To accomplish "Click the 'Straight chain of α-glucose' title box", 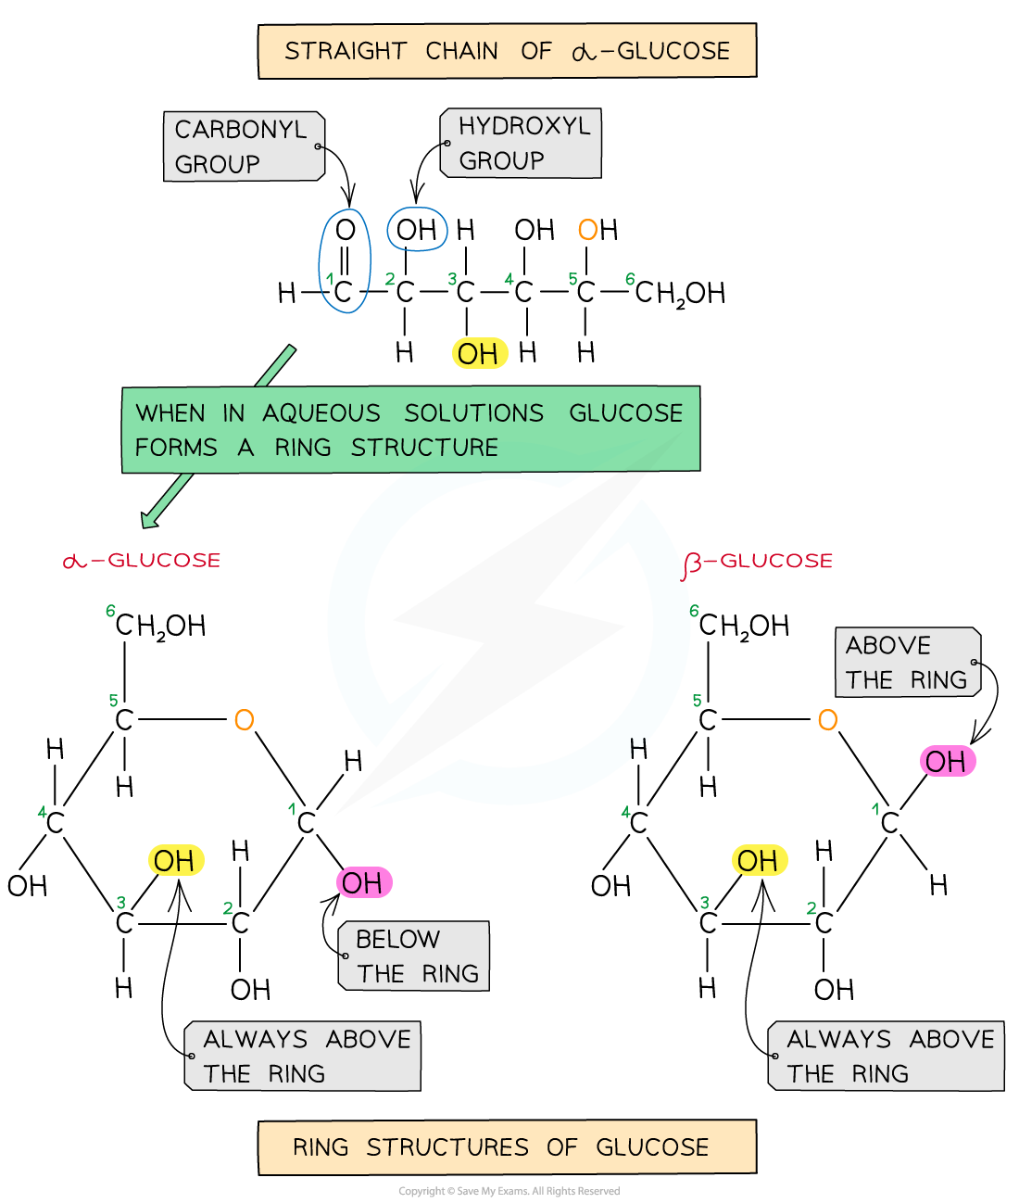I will point(507,51).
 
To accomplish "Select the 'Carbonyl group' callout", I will point(244,146).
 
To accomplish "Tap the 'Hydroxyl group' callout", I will point(521,143).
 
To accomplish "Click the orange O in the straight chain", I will point(587,230).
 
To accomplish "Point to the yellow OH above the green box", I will point(480,353).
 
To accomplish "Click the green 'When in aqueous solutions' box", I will point(410,429).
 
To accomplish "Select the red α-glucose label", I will point(142,561).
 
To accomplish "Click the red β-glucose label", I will point(758,562).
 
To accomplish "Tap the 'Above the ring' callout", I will point(908,662).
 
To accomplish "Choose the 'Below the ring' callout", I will point(414,956).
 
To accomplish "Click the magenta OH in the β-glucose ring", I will point(947,762).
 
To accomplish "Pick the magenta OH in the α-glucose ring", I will point(363,882).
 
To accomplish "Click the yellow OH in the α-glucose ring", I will point(175,860).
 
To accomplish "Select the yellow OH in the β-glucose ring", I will point(759,860).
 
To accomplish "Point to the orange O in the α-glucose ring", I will point(244,720).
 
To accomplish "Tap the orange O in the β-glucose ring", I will point(827,720).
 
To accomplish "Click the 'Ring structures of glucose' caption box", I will point(507,1147).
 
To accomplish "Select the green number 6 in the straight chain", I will point(630,279).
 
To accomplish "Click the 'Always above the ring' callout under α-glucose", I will point(303,1056).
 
